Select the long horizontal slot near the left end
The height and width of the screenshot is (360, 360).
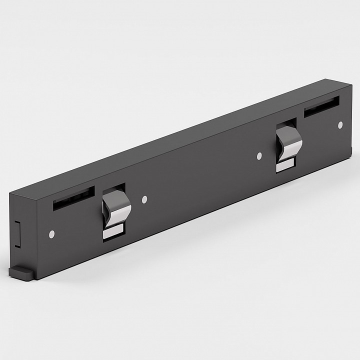pos(73,196)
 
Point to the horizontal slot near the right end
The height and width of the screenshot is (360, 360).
pos(321,106)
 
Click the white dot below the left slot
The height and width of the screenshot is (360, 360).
pos(52,233)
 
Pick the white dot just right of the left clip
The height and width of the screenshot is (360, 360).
pos(144,199)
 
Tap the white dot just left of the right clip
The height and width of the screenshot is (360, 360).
pos(259,156)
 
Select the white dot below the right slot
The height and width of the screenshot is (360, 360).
pos(340,124)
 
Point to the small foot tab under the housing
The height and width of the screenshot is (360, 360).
pos(20,270)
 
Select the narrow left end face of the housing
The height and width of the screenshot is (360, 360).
pos(22,225)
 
